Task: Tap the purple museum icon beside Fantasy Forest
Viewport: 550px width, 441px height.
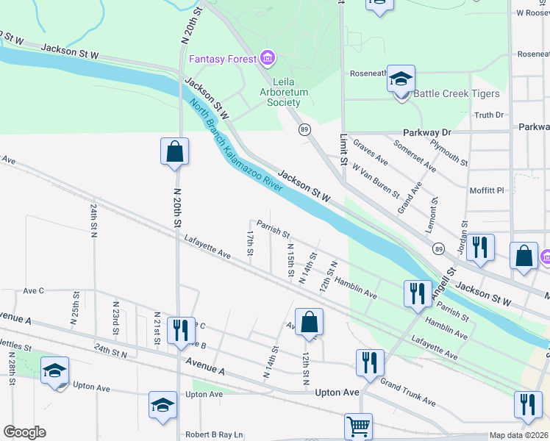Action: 266,58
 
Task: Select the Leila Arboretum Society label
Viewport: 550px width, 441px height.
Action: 279,92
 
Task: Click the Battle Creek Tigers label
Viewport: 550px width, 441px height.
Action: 456,93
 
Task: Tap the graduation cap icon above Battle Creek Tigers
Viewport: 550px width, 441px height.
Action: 401,79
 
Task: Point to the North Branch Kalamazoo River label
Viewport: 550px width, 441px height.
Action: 235,146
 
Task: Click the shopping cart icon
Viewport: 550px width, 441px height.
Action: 358,426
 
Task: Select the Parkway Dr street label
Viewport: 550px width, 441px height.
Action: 430,132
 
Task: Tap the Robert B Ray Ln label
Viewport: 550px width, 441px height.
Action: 214,434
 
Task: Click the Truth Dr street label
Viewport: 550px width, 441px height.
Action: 489,115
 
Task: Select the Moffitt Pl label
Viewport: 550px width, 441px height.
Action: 486,190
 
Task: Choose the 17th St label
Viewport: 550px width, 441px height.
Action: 251,243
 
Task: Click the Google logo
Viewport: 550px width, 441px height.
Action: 24,432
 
